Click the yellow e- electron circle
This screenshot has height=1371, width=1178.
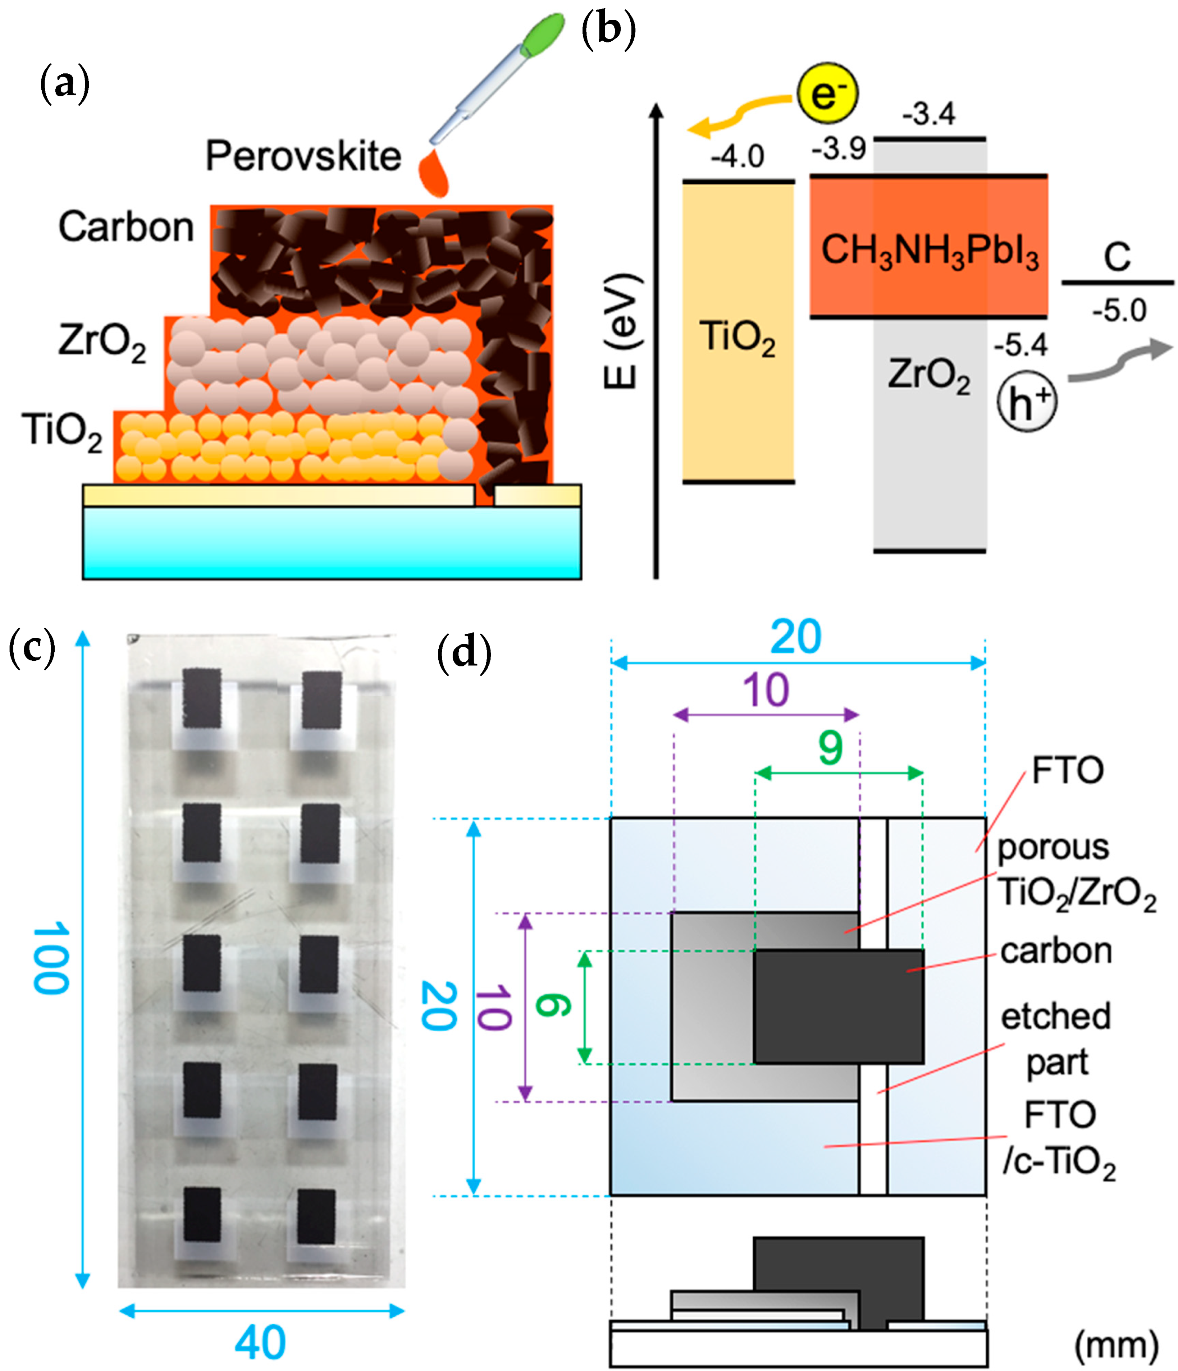click(827, 94)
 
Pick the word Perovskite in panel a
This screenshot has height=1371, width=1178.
click(303, 157)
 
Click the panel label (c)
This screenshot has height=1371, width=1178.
click(32, 648)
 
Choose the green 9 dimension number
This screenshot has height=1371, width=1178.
click(830, 748)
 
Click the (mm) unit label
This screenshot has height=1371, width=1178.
click(1116, 1344)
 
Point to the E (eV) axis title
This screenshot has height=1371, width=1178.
click(622, 331)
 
